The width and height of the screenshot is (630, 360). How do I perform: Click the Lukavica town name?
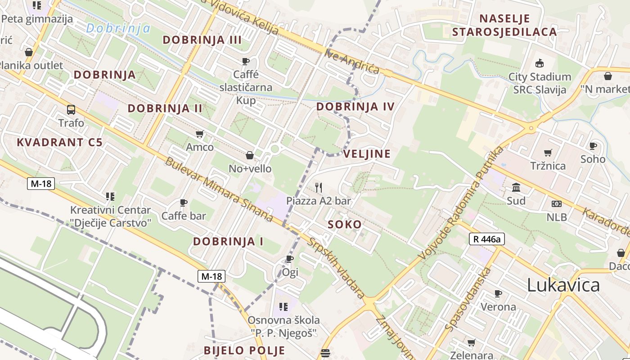(563, 285)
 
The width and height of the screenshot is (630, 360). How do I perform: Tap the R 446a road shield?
(487, 239)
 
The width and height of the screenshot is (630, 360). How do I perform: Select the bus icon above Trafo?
(71, 109)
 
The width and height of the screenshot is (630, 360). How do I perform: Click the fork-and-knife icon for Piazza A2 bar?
(319, 187)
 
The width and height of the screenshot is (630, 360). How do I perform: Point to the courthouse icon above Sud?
(516, 187)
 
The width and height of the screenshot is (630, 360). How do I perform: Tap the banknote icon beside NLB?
(557, 204)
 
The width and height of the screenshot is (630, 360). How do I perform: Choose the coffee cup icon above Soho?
(593, 146)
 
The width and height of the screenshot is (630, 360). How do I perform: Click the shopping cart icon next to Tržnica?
(548, 153)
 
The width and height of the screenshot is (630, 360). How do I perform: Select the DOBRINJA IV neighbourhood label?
(355, 107)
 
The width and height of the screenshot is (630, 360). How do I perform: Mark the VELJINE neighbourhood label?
(367, 154)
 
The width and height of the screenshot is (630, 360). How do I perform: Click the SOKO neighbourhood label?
(345, 225)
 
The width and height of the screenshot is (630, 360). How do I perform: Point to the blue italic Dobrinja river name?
(118, 28)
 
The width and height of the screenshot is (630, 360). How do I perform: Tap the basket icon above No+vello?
(250, 156)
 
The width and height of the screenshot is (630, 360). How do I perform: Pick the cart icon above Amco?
(200, 134)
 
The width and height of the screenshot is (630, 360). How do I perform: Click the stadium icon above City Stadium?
(540, 63)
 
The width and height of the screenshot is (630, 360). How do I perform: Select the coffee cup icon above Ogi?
(290, 259)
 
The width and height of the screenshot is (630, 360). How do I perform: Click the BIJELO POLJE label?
(244, 350)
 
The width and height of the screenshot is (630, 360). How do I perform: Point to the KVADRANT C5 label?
(60, 143)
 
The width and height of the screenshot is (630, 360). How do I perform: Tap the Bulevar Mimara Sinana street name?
(219, 189)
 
